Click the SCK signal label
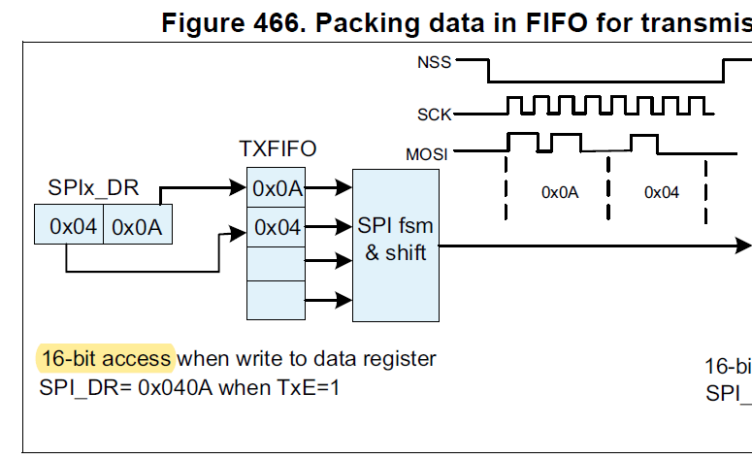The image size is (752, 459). point(434,114)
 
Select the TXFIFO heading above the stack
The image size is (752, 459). point(278,148)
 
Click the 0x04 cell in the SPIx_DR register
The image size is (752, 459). point(73,227)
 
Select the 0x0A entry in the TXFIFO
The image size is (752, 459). point(277,189)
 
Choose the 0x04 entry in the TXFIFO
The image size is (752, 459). point(277,227)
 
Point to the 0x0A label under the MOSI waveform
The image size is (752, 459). point(560,192)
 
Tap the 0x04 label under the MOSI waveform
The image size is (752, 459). point(662,192)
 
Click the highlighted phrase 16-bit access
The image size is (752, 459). point(104,359)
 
